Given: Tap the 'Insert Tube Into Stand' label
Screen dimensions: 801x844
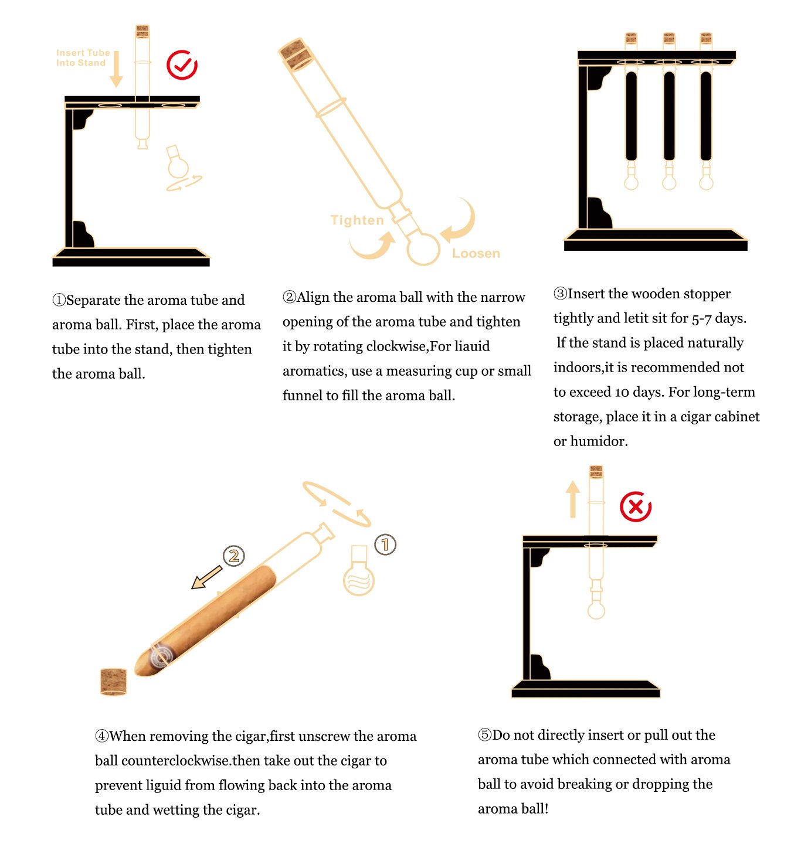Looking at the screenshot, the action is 83,57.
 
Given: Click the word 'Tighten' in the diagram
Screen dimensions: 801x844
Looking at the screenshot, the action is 357,220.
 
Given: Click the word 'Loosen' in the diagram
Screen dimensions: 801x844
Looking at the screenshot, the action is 476,253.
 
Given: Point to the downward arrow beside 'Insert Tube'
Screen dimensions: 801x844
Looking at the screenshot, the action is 116,69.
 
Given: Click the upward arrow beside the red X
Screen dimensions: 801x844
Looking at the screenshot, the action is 572,498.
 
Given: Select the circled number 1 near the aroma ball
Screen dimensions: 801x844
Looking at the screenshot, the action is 385,544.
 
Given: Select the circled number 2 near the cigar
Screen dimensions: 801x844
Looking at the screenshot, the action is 233,556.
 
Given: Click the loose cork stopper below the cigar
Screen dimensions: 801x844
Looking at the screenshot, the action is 113,681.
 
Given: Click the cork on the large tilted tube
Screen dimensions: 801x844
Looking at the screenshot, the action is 296,54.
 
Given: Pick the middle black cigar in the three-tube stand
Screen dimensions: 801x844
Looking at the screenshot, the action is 668,116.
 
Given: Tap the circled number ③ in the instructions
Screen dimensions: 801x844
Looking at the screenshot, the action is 560,294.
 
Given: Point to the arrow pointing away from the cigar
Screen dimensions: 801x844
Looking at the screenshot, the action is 206,577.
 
